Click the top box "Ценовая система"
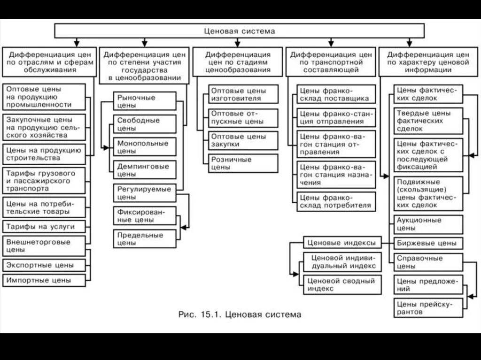(240, 31)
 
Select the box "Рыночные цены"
(145, 101)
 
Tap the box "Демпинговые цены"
(145, 170)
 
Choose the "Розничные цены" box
(243, 163)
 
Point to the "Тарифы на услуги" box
(44, 227)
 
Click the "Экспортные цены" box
(44, 265)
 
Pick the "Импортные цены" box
(44, 280)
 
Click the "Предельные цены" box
(145, 239)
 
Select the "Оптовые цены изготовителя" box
(243, 94)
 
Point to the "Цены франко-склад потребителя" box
(336, 201)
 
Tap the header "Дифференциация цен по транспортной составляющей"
(331, 62)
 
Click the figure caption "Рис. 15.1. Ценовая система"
(240, 314)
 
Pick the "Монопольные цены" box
(145, 147)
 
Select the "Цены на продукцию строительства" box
(44, 154)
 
